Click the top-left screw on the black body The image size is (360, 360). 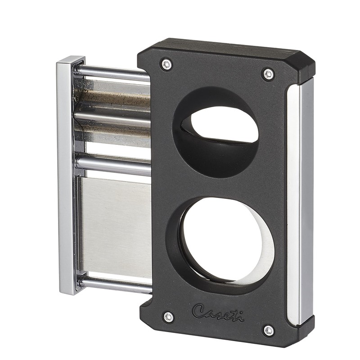coord(166,64)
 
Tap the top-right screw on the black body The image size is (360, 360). coord(268,74)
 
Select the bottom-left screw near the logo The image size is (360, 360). coord(169,317)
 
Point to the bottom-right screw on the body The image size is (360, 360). coord(269,331)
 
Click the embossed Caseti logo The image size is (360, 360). coord(218,313)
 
